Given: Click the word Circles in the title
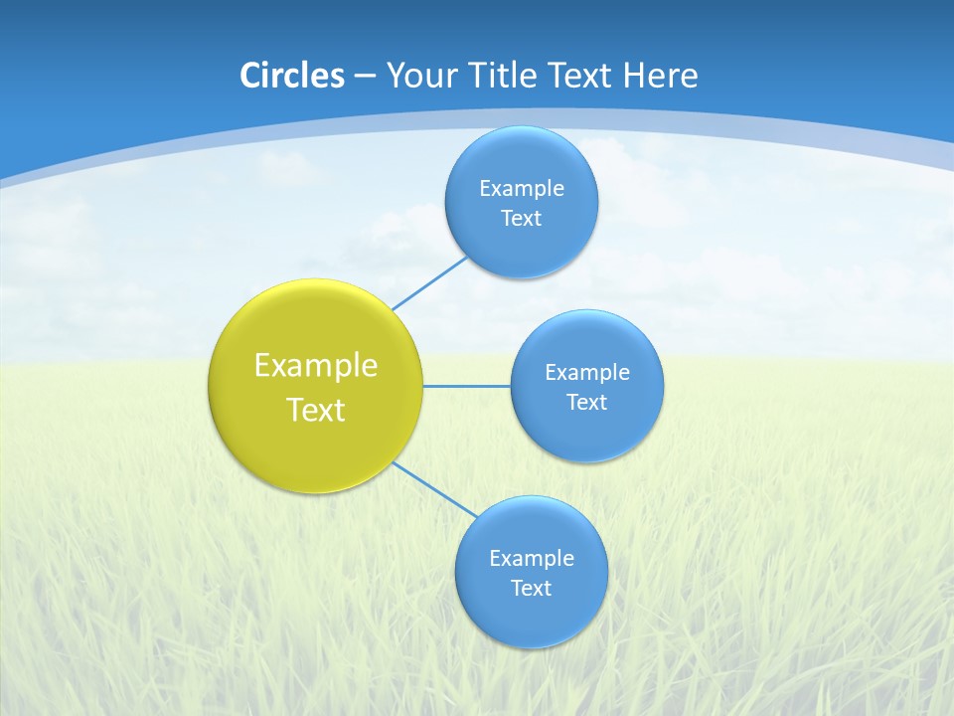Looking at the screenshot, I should click(291, 76).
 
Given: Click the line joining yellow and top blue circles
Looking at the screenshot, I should click(429, 282).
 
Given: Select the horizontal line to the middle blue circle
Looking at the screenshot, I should click(467, 386).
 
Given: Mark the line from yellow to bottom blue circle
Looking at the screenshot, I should click(435, 490).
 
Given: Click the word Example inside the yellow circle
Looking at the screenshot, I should click(316, 365).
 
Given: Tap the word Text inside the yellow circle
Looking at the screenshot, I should click(316, 410).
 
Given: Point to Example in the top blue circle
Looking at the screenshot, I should click(522, 188).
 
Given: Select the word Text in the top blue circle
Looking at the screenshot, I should click(522, 218).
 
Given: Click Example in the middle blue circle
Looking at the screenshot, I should click(587, 372).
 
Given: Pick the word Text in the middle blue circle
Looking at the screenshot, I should click(587, 402).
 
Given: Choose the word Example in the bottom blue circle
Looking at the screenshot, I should click(532, 558).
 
